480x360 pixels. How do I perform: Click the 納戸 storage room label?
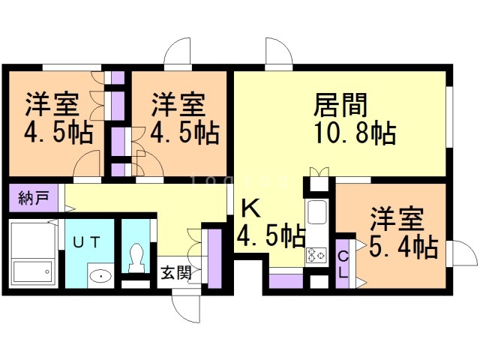tap(34, 199)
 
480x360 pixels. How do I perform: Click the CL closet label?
tap(343, 265)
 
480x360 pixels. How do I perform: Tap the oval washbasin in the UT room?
tap(100, 276)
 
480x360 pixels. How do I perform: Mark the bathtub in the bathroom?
tap(32, 269)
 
